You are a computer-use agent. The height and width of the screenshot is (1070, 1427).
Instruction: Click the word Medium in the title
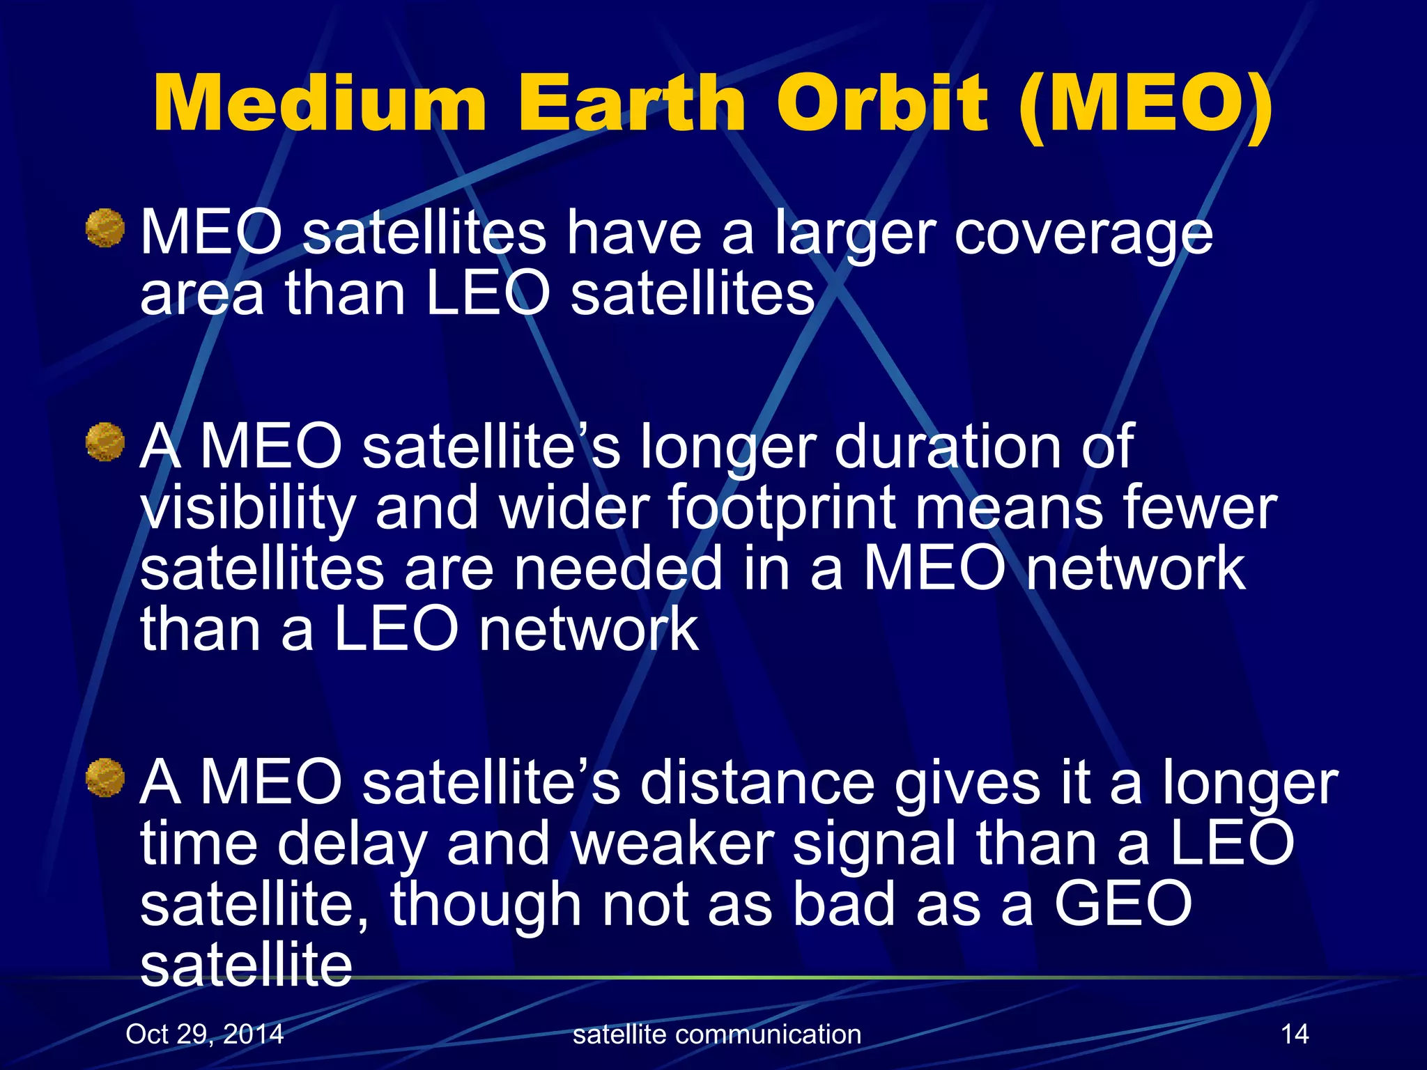click(x=319, y=104)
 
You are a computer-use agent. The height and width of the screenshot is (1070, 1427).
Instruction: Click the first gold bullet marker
click(x=105, y=228)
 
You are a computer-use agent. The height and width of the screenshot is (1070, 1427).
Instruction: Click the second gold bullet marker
click(x=105, y=442)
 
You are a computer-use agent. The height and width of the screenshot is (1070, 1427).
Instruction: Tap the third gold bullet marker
click(x=105, y=778)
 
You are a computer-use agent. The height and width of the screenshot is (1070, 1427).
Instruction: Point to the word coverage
click(x=1083, y=235)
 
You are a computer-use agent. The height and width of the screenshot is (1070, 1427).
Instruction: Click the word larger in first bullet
click(x=856, y=235)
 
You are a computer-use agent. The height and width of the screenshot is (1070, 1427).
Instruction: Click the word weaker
click(x=672, y=844)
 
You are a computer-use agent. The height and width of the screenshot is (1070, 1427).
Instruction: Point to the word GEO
click(x=1123, y=904)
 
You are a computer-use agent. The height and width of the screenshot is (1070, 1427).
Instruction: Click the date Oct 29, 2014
click(x=205, y=1034)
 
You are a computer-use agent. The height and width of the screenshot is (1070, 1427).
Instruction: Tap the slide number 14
click(x=1295, y=1034)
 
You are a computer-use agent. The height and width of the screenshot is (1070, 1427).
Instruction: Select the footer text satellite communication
click(x=717, y=1034)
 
